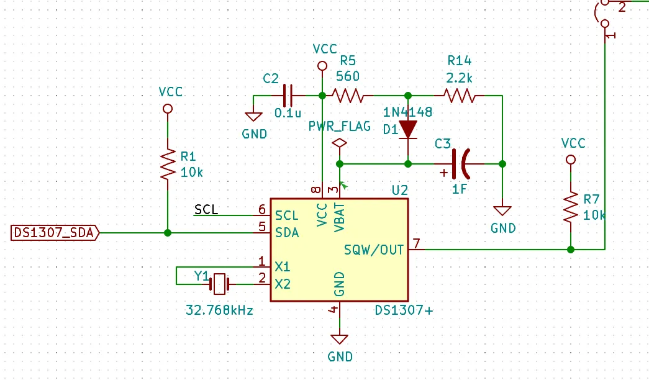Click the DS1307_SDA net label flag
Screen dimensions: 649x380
[x=55, y=233]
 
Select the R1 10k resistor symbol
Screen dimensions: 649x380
[x=168, y=165]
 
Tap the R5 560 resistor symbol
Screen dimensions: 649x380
[x=348, y=96]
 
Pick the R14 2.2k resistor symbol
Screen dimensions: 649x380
[x=460, y=96]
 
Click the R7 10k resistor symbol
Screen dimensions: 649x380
[x=571, y=207]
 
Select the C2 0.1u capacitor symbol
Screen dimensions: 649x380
[x=288, y=96]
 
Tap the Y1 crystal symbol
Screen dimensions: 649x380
[x=219, y=284]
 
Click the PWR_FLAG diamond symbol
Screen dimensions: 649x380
[x=339, y=143]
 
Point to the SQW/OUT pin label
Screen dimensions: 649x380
[x=374, y=250]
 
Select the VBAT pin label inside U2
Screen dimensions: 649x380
[x=339, y=217]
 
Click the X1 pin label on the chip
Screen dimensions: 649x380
[x=283, y=266]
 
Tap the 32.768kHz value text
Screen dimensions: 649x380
[x=219, y=310]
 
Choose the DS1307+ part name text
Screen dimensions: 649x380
[x=404, y=310]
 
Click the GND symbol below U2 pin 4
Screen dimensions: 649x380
[x=339, y=340]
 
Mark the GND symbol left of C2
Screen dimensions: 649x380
[x=253, y=117]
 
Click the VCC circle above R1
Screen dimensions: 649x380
[x=168, y=109]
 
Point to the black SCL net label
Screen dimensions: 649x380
[x=206, y=209]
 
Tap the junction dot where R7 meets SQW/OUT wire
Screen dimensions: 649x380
[x=571, y=250]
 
